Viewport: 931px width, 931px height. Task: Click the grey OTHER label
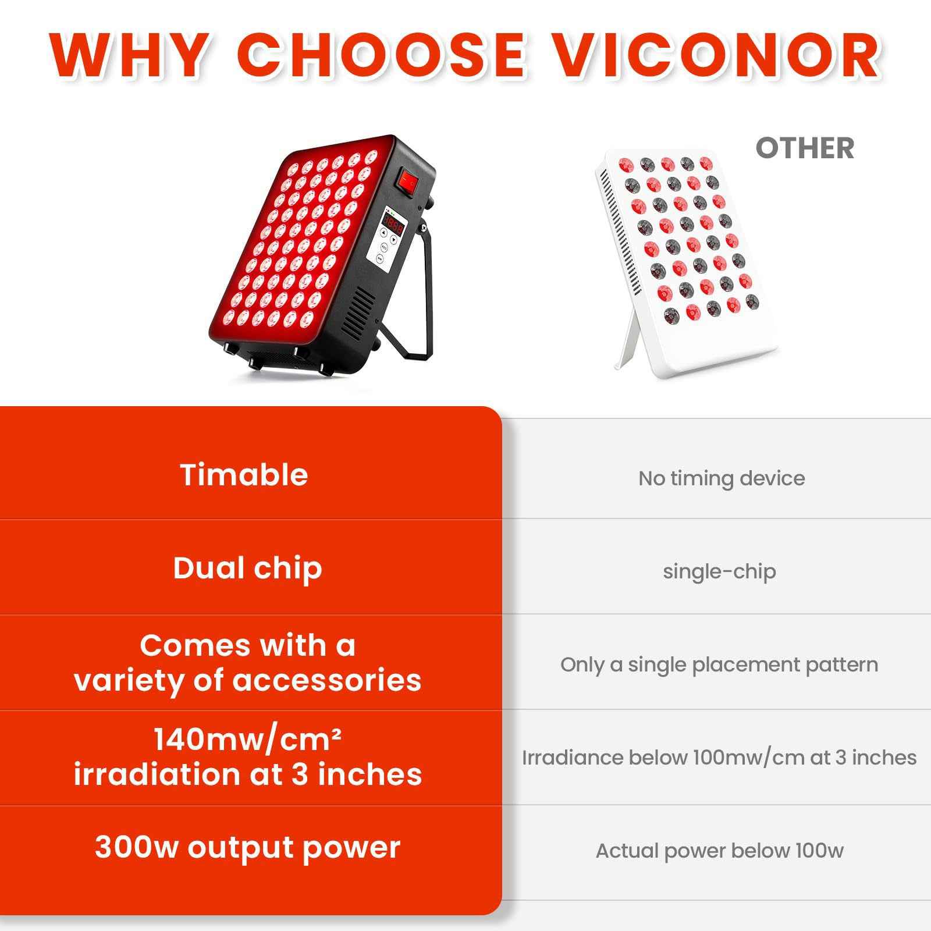click(x=805, y=148)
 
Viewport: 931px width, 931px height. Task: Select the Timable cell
click(x=244, y=474)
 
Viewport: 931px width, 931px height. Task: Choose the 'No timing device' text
click(x=722, y=478)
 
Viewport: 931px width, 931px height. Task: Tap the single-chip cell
click(x=719, y=571)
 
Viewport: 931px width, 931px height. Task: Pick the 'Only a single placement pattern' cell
click(x=719, y=665)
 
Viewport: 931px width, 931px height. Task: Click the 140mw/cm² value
click(x=247, y=740)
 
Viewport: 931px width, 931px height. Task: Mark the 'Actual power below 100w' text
click(x=720, y=851)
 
